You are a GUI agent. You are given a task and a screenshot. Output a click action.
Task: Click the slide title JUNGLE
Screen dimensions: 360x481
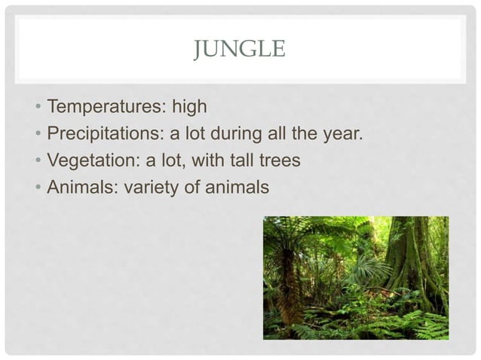240,50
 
